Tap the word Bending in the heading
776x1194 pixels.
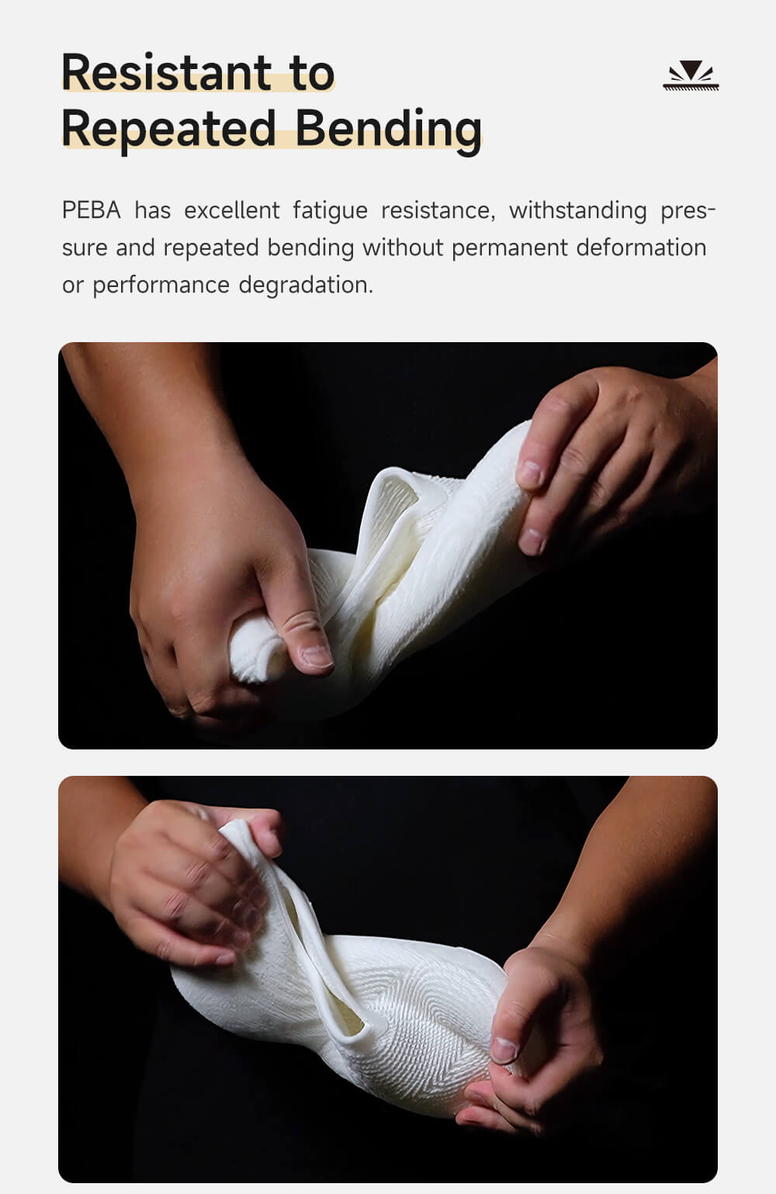[x=389, y=131]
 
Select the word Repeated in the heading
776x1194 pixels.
[x=169, y=131]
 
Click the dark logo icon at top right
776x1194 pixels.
[x=691, y=75]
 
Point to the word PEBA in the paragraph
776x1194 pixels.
[x=92, y=210]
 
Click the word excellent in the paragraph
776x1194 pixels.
[x=231, y=210]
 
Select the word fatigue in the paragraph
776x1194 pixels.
[x=330, y=211]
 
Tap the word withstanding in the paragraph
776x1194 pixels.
[x=578, y=211]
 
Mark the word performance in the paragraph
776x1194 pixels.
[x=161, y=286]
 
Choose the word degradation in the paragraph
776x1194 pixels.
[x=306, y=286]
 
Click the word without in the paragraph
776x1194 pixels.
[x=403, y=247]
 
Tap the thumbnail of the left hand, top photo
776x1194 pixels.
[x=317, y=656]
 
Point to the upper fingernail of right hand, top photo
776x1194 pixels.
[x=531, y=474]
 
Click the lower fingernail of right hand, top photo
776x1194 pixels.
[x=532, y=541]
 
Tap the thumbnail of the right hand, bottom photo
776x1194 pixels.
[x=504, y=1049]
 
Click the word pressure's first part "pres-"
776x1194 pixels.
[x=688, y=211]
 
